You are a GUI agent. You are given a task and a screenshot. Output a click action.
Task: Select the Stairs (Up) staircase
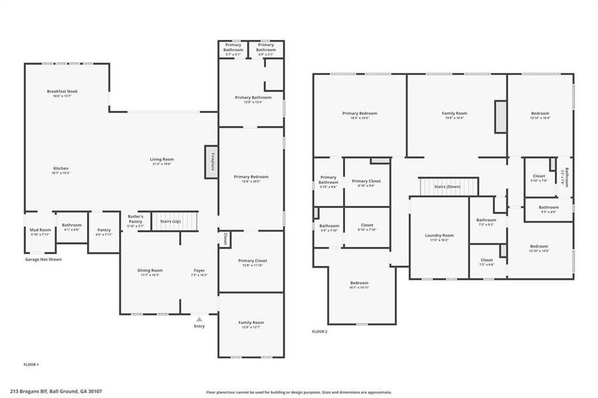coord(175,220)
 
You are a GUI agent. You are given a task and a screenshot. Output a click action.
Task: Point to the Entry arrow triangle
coord(199,319)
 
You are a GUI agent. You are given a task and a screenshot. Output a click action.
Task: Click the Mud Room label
coord(40,230)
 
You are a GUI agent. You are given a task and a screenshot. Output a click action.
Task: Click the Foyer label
coord(199,270)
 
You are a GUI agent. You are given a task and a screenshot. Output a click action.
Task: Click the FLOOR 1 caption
coord(31,365)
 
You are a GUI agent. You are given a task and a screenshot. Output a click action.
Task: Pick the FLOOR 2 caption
coord(320,332)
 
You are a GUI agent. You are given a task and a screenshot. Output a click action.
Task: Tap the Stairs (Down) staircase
coord(448,186)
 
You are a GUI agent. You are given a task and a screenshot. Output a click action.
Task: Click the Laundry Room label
coord(439,235)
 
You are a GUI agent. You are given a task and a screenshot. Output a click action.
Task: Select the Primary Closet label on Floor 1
coord(252,260)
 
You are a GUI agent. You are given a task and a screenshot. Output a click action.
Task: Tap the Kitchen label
coord(60,168)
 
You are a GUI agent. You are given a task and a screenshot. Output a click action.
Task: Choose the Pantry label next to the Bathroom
coord(104,230)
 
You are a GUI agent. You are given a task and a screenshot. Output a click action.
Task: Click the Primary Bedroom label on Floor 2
coord(360,113)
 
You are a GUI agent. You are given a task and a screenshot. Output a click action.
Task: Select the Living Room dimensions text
coord(162,164)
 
